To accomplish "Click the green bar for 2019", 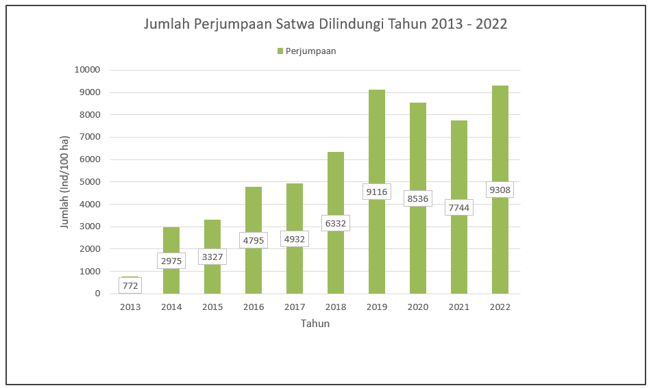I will click(x=377, y=137).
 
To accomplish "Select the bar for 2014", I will click(x=171, y=240).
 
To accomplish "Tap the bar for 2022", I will click(x=500, y=137).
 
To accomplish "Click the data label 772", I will click(x=130, y=285).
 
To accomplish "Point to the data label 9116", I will click(x=377, y=192).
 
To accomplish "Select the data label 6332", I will click(x=336, y=222).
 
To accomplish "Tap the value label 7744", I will click(x=459, y=207).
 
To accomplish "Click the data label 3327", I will click(x=212, y=257).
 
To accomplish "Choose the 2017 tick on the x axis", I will click(x=295, y=307).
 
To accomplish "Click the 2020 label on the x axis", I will click(x=418, y=307).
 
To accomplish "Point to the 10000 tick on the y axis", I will click(x=87, y=70).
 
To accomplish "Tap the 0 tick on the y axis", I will click(x=97, y=294).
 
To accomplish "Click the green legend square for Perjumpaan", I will click(x=280, y=51).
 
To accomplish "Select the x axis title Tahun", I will click(x=315, y=324).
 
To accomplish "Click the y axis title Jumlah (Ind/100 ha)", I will click(x=65, y=182).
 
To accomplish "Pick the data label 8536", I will click(x=418, y=199).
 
